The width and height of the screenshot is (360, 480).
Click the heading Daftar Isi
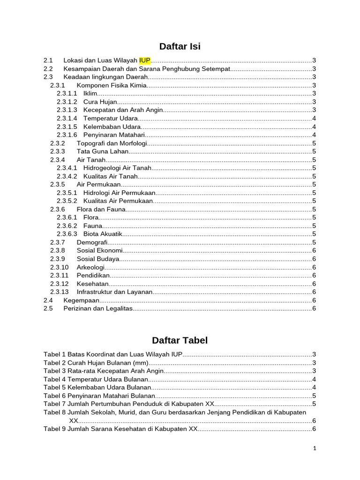180,46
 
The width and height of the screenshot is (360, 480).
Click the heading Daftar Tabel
180,340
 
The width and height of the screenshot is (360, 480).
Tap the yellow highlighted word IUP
145,60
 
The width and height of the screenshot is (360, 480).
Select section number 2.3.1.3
67,110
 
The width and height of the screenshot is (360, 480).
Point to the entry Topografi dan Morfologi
112,143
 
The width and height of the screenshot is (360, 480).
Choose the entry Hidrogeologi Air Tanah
117,168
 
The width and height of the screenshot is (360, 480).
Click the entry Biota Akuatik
103,234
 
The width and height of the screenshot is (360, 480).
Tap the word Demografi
92,242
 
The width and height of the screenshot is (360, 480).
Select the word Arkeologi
90,267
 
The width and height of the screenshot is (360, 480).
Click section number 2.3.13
60,292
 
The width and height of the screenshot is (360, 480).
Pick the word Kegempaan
81,300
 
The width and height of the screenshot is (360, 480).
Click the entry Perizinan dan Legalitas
98,308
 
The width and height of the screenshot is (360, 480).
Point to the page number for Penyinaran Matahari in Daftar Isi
314,135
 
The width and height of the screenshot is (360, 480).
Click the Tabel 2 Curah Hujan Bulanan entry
96,363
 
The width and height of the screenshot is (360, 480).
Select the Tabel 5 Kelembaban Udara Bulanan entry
97,387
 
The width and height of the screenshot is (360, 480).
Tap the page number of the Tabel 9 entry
314,429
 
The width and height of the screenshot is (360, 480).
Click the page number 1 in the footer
315,449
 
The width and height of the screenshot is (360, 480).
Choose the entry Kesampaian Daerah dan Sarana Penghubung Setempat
147,69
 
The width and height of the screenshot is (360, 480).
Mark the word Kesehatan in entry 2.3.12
92,284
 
